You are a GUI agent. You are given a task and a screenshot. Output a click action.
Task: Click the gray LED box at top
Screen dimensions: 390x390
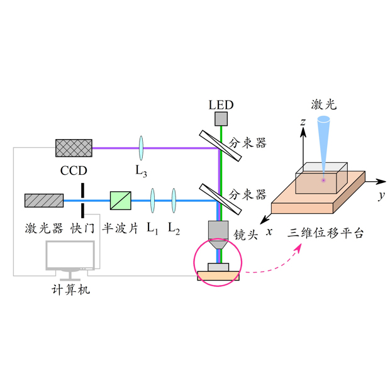[x=221, y=118]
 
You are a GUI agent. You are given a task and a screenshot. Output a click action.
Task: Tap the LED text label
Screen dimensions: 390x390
[x=221, y=103]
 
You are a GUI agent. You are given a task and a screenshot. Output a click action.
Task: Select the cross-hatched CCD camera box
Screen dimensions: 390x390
[x=74, y=148]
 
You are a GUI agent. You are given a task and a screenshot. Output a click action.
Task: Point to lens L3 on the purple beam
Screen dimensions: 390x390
[x=143, y=148]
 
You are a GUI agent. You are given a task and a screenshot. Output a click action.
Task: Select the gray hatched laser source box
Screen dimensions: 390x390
[x=44, y=201]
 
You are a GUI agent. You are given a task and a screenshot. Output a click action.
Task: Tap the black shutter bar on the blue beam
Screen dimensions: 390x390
[x=82, y=201]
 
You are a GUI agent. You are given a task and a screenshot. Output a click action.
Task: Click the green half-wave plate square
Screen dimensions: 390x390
[x=120, y=201]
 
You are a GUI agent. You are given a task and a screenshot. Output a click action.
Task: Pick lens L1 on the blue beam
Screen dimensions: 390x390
[x=152, y=201]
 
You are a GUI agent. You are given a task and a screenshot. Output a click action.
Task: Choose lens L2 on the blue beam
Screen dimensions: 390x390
[x=174, y=201]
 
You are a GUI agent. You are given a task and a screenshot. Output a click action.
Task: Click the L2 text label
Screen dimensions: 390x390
[x=174, y=228]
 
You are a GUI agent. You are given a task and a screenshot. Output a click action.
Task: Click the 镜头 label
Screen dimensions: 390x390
[x=245, y=236]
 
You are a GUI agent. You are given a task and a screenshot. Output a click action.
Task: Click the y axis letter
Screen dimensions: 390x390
[x=381, y=196]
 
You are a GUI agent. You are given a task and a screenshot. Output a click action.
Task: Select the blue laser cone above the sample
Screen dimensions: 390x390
[x=325, y=142]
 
